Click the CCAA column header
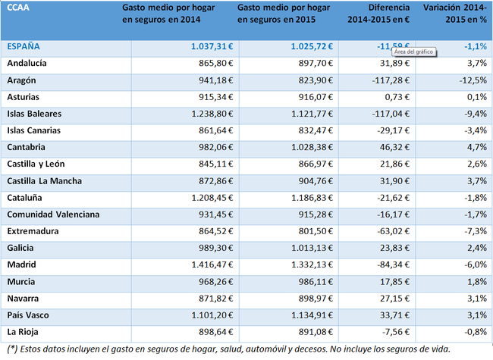click(x=18, y=8)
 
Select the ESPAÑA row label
click(x=24, y=46)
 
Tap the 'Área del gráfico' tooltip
click(x=414, y=52)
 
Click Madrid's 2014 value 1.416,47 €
click(x=212, y=265)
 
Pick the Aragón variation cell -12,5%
click(x=473, y=80)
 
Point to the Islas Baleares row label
click(x=34, y=114)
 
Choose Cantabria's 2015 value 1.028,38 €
click(x=312, y=147)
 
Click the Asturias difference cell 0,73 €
click(x=397, y=97)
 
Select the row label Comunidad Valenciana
click(x=53, y=214)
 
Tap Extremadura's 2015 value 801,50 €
click(x=316, y=231)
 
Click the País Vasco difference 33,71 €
click(x=394, y=315)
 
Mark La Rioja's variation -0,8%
click(x=476, y=332)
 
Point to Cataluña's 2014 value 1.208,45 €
click(x=212, y=198)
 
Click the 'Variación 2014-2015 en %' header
click(x=455, y=14)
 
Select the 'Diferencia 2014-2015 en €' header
click(x=378, y=14)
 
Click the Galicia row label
click(x=20, y=248)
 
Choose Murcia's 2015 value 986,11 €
click(x=316, y=282)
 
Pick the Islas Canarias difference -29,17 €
click(x=394, y=130)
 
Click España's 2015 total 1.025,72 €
click(x=312, y=46)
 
